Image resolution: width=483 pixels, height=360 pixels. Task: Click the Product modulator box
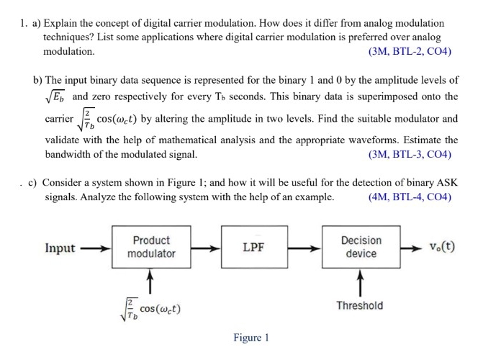pyautogui.click(x=151, y=247)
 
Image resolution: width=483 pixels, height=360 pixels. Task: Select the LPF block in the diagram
pyautogui.click(x=253, y=247)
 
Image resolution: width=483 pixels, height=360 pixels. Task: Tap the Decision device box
pyautogui.click(x=361, y=247)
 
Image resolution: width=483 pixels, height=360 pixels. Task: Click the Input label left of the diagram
pyautogui.click(x=60, y=248)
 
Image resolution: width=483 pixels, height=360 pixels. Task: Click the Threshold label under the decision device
pyautogui.click(x=360, y=305)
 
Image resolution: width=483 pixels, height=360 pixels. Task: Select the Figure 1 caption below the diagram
pyautogui.click(x=251, y=338)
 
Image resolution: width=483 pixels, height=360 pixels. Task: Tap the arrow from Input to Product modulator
pyautogui.click(x=95, y=248)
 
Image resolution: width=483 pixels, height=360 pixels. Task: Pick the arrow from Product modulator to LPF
pyautogui.click(x=206, y=248)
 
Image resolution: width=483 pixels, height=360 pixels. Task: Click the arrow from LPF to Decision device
pyautogui.click(x=302, y=248)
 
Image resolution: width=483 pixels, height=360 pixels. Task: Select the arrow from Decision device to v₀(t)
pyautogui.click(x=410, y=248)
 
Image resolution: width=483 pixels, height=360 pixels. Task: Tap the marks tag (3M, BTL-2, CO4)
pyautogui.click(x=409, y=52)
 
